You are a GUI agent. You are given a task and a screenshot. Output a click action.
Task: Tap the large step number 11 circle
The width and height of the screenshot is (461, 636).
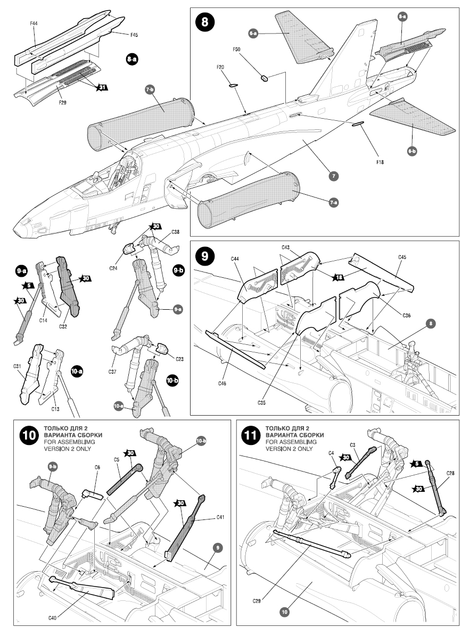point(250,434)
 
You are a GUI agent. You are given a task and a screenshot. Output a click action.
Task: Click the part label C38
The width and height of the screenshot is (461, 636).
point(175,233)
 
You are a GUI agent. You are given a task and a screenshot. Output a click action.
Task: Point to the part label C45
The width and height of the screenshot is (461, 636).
point(402,258)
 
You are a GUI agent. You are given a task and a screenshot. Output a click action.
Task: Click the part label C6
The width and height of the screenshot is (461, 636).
point(97,467)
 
